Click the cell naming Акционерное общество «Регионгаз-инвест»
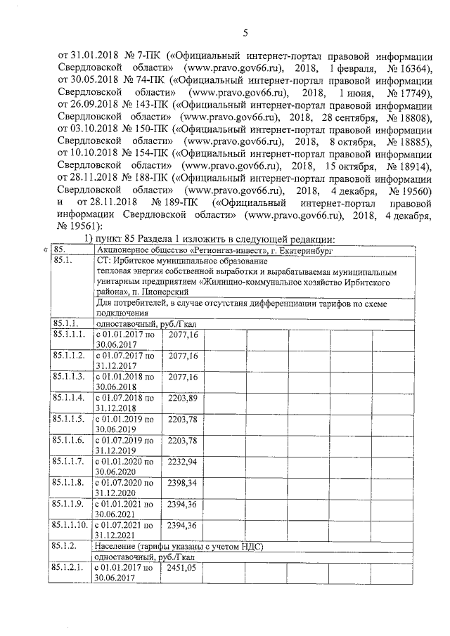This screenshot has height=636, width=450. click(213, 250)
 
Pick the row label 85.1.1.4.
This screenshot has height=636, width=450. click(68, 398)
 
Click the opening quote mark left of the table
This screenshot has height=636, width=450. click(45, 250)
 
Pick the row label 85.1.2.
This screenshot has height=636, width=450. click(64, 545)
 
